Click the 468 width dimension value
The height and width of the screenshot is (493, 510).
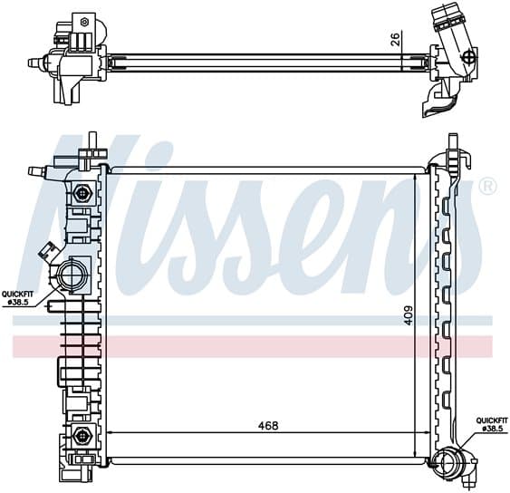point(268,425)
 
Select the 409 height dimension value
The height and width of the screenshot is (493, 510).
point(409,314)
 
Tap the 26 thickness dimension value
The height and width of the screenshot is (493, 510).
point(395,40)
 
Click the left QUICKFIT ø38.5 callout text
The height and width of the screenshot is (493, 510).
point(17,298)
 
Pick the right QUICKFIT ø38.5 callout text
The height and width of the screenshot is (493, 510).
point(492,424)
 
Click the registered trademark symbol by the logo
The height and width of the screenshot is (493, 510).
point(488,187)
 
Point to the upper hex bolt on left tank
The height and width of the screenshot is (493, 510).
point(82,194)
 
